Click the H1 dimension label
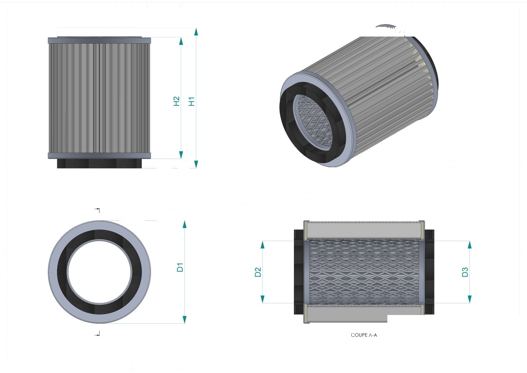point(192,101)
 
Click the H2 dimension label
point(177,101)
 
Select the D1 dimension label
point(180,267)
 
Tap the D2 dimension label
point(258,272)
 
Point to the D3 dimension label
point(465,272)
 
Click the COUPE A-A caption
point(364,335)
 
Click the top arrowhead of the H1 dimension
point(196,32)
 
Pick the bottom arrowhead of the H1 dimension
point(196,164)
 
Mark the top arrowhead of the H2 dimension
point(181,41)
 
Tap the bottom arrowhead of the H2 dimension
point(181,155)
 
